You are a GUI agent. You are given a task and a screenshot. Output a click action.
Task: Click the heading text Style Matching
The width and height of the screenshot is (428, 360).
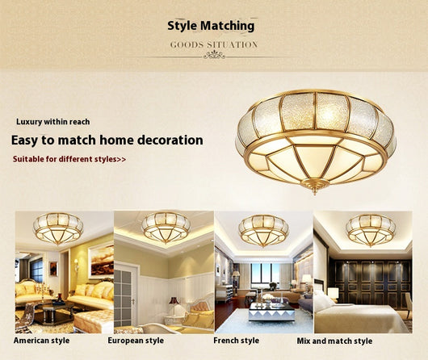211,26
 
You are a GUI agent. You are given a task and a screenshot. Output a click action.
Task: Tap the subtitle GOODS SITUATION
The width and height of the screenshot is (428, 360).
214,44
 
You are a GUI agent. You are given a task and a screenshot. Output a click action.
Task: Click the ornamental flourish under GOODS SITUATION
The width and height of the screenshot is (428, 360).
214,55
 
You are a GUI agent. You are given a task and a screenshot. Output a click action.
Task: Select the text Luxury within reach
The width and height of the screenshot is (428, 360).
53,122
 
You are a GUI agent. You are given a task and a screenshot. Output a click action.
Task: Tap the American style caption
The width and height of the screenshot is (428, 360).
41,341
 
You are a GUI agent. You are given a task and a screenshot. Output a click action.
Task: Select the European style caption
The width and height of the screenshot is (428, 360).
136,341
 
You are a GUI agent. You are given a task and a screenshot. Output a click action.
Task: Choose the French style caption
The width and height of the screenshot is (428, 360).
236,341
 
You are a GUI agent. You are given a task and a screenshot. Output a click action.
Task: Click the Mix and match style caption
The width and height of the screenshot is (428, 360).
334,341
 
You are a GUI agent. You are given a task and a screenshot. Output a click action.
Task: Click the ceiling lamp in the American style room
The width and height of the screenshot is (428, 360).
58,228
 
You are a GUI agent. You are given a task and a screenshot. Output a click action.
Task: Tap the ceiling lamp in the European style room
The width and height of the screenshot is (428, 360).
166,227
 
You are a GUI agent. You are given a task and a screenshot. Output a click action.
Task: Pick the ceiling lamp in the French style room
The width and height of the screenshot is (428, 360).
263,230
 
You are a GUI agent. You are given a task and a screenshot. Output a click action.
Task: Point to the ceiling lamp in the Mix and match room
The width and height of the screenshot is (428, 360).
371,229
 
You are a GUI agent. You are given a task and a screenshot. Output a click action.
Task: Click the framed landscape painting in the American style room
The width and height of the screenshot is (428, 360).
102,260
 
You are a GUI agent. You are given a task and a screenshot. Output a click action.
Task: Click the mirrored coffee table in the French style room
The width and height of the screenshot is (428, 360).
271,312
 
